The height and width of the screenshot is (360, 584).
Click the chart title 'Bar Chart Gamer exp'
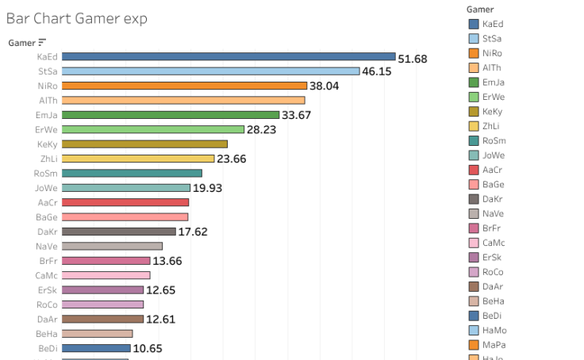[x=76, y=18]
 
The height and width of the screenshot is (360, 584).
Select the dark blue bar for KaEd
[x=228, y=57]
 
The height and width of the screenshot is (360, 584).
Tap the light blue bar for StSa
[x=210, y=71]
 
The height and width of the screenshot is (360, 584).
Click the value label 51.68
[x=413, y=59]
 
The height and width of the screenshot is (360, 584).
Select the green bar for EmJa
[x=170, y=115]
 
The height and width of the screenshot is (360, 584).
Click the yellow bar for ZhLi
[x=138, y=159]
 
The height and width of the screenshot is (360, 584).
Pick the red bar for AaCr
[x=125, y=202]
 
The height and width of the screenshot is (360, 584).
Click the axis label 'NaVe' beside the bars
[x=47, y=247]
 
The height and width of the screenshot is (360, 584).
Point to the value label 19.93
[x=207, y=188]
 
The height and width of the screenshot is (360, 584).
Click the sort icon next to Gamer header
[x=42, y=43]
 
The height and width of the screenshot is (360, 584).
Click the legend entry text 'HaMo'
[x=494, y=330]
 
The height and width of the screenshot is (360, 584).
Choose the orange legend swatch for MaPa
[x=474, y=344]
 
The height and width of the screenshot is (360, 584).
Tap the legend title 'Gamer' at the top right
[x=480, y=9]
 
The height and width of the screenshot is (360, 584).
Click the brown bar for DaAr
[x=102, y=319]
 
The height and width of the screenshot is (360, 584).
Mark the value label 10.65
[x=148, y=348]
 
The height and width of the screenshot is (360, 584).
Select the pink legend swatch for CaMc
[x=474, y=243]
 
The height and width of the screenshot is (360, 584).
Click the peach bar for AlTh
[x=183, y=101]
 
